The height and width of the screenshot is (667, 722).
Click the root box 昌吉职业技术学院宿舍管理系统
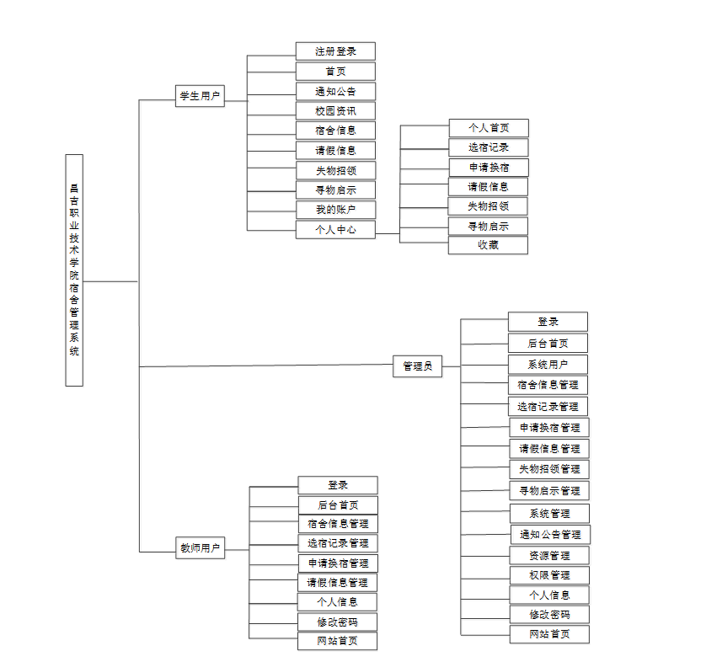[74, 269]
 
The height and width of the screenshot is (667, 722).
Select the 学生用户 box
[200, 97]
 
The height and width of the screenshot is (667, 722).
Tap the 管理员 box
[417, 366]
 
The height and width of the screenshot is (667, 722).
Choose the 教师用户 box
[200, 548]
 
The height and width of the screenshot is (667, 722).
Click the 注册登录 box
[335, 51]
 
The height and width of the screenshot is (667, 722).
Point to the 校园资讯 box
[335, 111]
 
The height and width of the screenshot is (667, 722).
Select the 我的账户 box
[335, 210]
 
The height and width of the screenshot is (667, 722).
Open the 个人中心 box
[335, 229]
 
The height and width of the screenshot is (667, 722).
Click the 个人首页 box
[489, 128]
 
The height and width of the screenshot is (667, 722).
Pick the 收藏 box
[489, 245]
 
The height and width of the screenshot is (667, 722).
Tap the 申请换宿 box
[489, 167]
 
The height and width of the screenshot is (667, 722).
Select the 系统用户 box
[548, 365]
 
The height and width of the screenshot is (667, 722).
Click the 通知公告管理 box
[550, 535]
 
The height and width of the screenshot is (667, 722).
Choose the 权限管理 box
[549, 575]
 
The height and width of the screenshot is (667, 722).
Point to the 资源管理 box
[549, 556]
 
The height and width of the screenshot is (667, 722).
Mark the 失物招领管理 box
[549, 469]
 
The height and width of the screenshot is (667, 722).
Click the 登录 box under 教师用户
[338, 485]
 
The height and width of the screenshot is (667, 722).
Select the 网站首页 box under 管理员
[549, 634]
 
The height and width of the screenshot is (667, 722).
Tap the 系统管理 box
[549, 514]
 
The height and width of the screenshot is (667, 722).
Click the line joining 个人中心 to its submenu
[388, 233]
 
